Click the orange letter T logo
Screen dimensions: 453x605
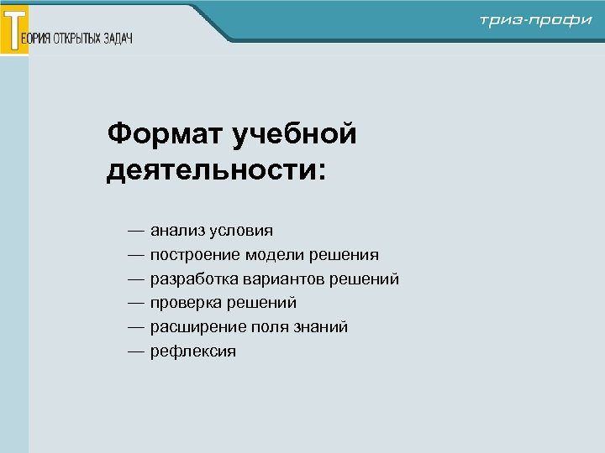pyautogui.click(x=14, y=29)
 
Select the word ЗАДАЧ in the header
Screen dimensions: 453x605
pyautogui.click(x=118, y=39)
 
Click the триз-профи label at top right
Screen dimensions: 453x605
pyautogui.click(x=536, y=21)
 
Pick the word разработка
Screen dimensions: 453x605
pyautogui.click(x=192, y=279)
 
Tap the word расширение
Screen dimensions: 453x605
pyautogui.click(x=194, y=327)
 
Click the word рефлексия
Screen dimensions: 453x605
pyautogui.click(x=193, y=351)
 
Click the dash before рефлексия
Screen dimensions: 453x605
pyautogui.click(x=136, y=351)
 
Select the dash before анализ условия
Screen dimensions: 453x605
pyautogui.click(x=136, y=230)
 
